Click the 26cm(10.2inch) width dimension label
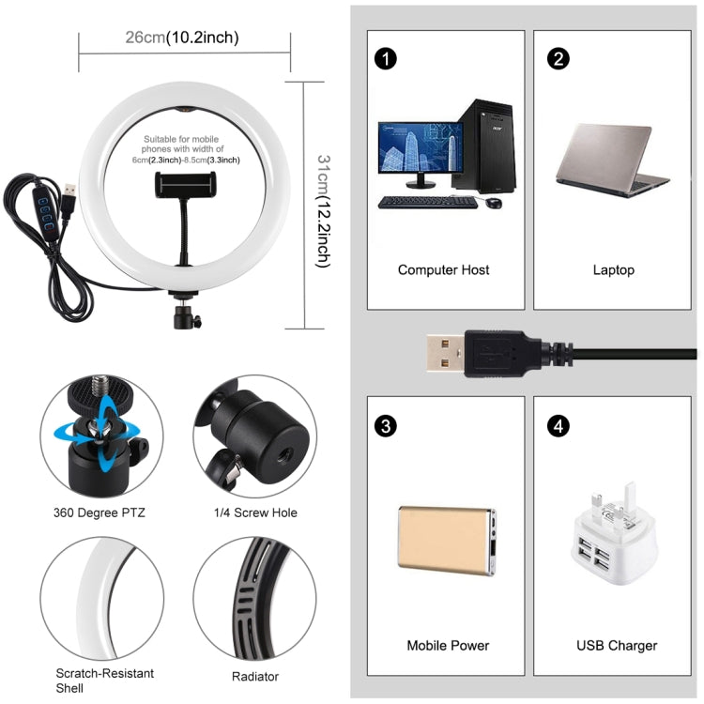point(182,38)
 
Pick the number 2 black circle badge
point(559,58)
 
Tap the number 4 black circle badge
point(559,426)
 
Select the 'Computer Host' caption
point(443,270)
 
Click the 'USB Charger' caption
point(616,646)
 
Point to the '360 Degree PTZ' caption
point(99,513)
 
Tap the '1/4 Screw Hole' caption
point(254,513)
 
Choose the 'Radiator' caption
point(254,676)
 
